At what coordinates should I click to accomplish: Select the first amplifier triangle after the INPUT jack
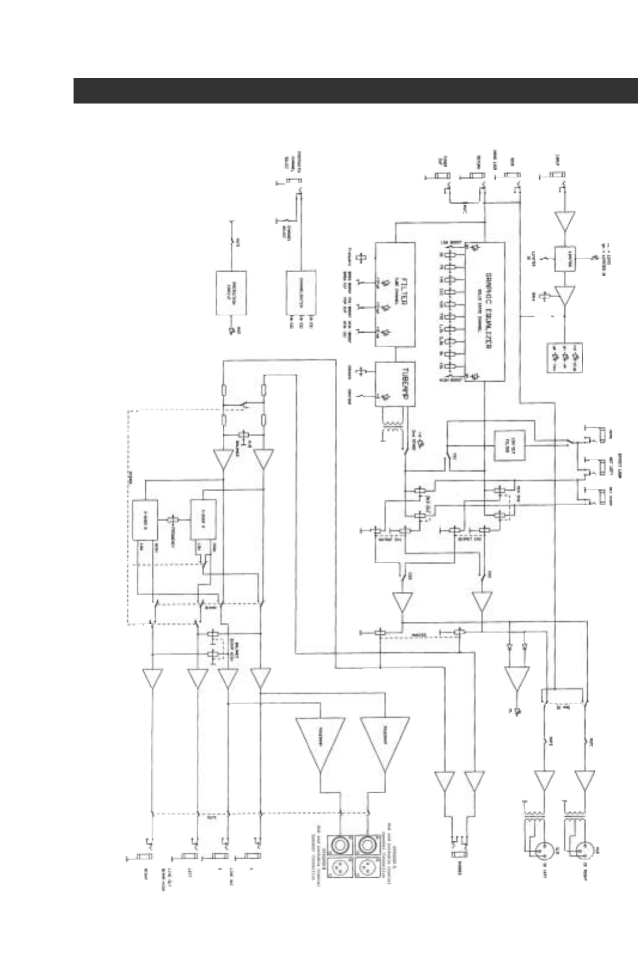[x=564, y=221]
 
